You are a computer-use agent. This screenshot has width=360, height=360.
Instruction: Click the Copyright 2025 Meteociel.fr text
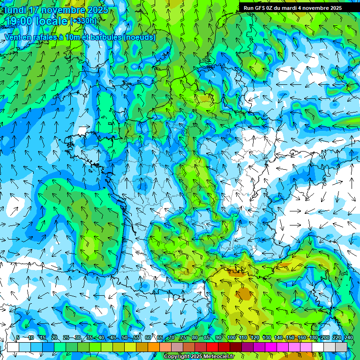point(199,357)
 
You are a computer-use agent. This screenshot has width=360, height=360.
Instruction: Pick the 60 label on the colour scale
point(148,337)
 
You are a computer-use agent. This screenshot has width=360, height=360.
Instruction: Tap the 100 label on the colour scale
point(231,337)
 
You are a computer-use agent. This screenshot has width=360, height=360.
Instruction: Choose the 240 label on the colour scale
point(349,337)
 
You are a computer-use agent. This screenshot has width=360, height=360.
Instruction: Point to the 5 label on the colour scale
point(18,337)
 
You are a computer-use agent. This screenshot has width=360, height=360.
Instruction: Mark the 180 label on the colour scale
point(313,337)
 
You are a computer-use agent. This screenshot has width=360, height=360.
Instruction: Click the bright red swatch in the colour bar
point(212,347)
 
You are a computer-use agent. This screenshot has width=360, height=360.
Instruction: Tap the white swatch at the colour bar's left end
point(13,347)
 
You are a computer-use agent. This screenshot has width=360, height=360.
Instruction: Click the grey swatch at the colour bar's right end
point(341,347)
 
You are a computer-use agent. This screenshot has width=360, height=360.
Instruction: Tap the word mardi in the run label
point(292,8)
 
